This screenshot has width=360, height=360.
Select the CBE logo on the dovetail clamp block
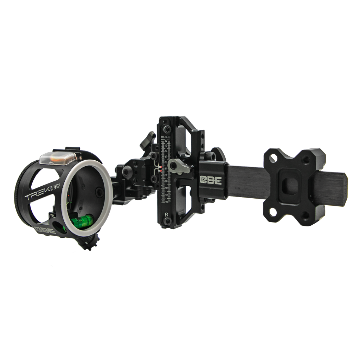(x=210, y=180)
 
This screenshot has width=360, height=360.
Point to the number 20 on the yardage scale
(x=166, y=136)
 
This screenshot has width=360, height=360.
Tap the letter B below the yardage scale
(x=166, y=214)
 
